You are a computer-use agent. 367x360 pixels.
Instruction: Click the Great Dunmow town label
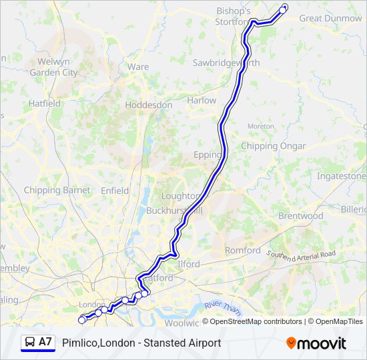330,19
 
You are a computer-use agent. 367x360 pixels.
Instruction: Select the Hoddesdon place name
148,105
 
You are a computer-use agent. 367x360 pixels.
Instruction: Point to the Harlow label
202,101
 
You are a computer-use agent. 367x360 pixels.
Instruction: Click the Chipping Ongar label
274,146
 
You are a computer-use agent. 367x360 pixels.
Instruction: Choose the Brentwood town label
300,216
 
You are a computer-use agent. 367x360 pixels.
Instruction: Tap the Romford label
243,251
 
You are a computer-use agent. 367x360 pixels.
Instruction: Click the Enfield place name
115,191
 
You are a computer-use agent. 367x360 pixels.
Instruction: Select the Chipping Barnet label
57,190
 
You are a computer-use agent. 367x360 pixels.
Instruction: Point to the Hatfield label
44,104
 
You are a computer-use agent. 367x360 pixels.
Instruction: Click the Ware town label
138,67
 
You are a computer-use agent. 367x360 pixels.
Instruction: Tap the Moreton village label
260,126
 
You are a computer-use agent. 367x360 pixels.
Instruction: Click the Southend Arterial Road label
301,255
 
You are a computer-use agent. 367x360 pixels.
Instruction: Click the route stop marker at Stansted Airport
283,9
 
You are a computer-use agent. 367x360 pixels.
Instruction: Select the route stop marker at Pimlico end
83,320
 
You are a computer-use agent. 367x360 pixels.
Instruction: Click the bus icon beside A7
29,342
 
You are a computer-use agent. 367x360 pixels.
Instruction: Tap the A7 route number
45,342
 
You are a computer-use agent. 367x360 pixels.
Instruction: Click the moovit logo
316,343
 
